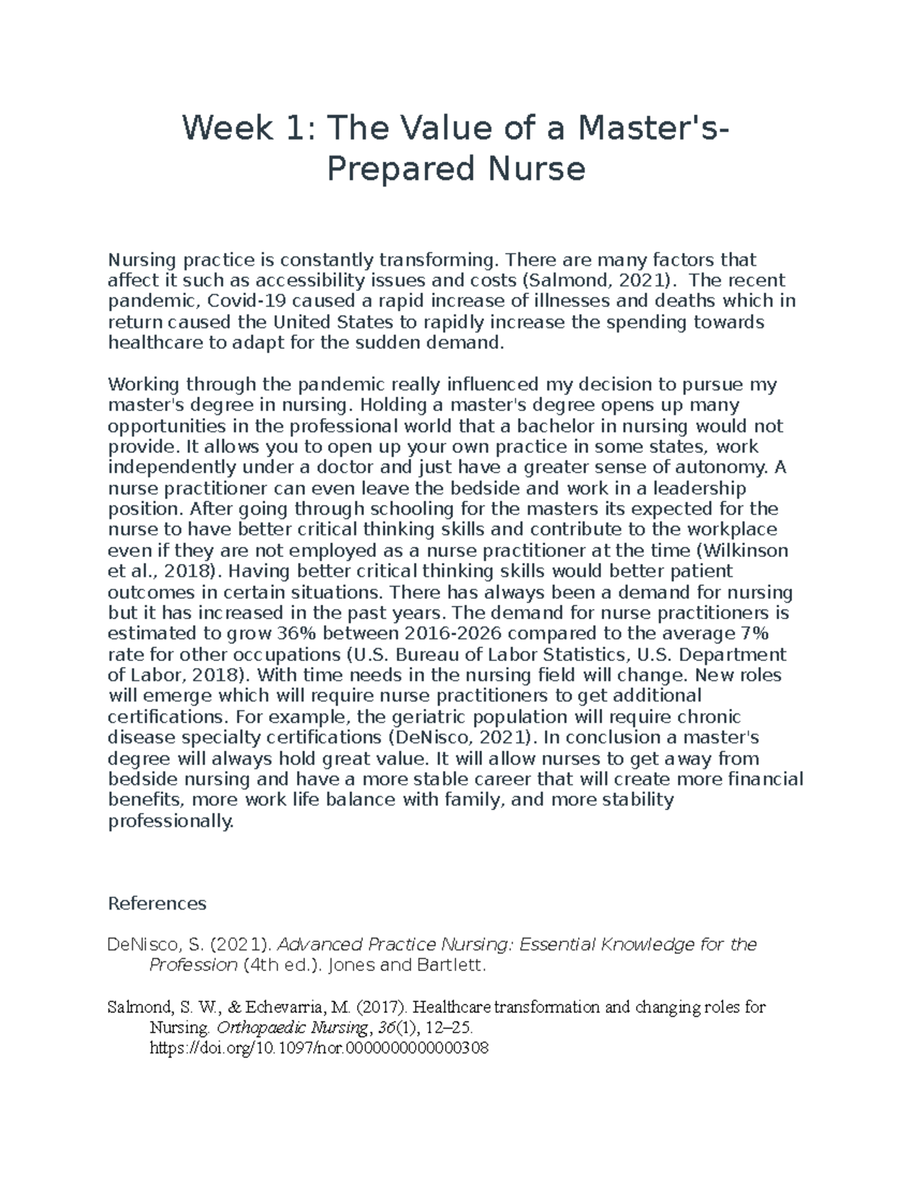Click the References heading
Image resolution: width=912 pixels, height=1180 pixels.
[x=157, y=903]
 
